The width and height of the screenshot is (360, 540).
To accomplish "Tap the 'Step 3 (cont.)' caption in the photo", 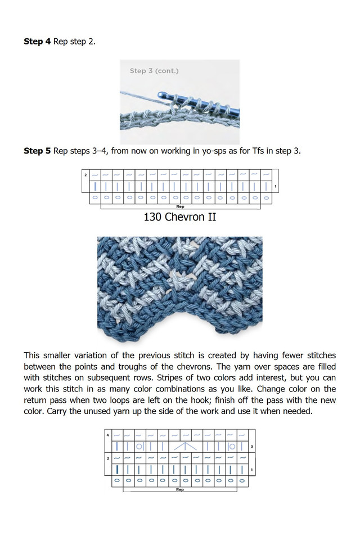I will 154,71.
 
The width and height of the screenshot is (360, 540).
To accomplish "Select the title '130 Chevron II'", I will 179,217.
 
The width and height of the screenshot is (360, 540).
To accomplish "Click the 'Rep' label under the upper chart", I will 180,206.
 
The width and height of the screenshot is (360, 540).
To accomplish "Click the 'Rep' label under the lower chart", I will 179,489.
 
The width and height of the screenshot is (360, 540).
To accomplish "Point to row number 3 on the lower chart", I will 251,447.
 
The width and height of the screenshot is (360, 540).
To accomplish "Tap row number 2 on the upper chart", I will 85,175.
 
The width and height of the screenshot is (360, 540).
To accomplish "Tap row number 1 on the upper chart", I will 275,187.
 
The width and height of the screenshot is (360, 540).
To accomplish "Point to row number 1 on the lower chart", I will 251,469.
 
